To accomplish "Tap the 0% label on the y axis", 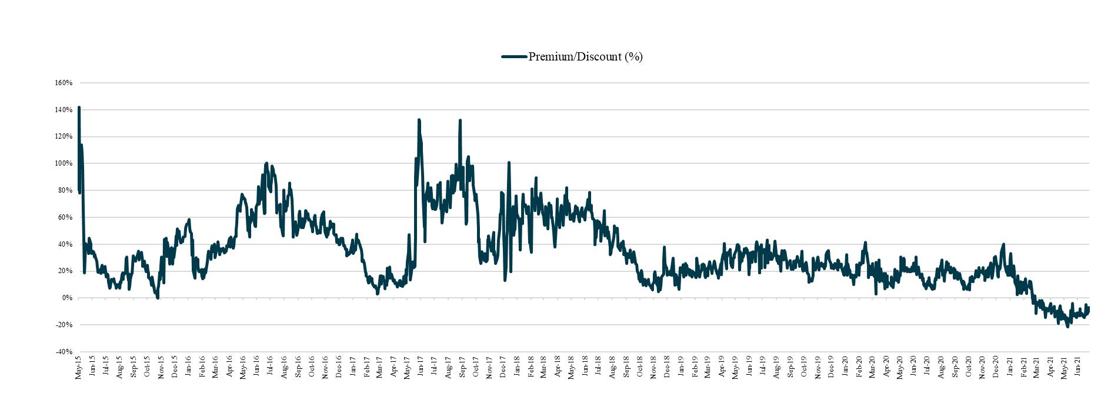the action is (x=67, y=298).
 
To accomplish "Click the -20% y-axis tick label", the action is (x=64, y=325).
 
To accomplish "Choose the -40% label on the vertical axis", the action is (x=64, y=352).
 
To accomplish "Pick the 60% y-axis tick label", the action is (x=65, y=217).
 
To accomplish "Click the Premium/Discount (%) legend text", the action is (x=585, y=56).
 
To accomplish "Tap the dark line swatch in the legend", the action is (x=514, y=57).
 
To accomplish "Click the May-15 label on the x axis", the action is (x=78, y=367).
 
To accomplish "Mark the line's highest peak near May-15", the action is (x=79, y=107).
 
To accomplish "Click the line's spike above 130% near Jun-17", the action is (x=419, y=120).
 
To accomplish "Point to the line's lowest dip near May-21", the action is (x=1067, y=326).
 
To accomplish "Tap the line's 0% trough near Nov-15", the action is (x=158, y=298).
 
